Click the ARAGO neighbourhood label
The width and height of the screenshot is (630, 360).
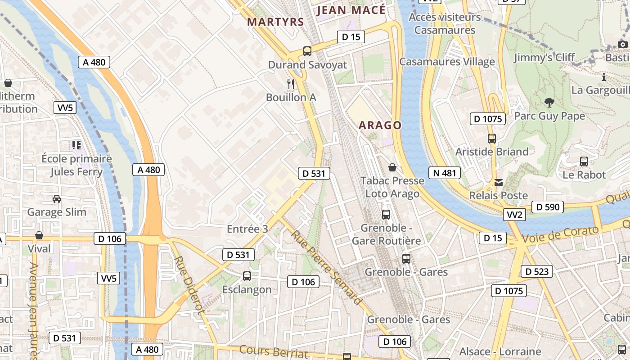pyautogui.click(x=380, y=125)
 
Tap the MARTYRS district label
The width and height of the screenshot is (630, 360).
pyautogui.click(x=275, y=22)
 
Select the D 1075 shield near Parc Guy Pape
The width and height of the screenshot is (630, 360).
pyautogui.click(x=488, y=119)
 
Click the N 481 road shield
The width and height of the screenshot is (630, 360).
pyautogui.click(x=445, y=173)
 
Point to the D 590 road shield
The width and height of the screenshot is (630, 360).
pyautogui.click(x=548, y=207)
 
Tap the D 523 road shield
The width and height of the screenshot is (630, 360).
pyautogui.click(x=537, y=271)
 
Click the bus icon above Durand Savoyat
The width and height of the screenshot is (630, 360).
pyautogui.click(x=307, y=51)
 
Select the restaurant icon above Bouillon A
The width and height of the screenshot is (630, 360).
pyautogui.click(x=291, y=84)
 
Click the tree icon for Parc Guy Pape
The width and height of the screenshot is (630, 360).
pyautogui.click(x=549, y=103)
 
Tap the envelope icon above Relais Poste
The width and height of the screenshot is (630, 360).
pyautogui.click(x=499, y=183)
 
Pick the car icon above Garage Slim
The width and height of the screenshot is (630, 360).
pyautogui.click(x=57, y=198)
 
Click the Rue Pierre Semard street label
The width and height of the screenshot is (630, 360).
pyautogui.click(x=326, y=267)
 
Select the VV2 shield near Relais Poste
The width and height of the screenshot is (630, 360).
pyautogui.click(x=514, y=215)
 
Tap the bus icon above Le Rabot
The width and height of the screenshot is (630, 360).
pyautogui.click(x=584, y=161)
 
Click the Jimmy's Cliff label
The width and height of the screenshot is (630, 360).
pyautogui.click(x=544, y=57)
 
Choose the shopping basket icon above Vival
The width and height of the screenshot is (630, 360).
pyautogui.click(x=39, y=235)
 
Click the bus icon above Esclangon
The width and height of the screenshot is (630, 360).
pyautogui.click(x=247, y=276)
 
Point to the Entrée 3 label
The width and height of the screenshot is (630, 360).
pyautogui.click(x=247, y=229)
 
